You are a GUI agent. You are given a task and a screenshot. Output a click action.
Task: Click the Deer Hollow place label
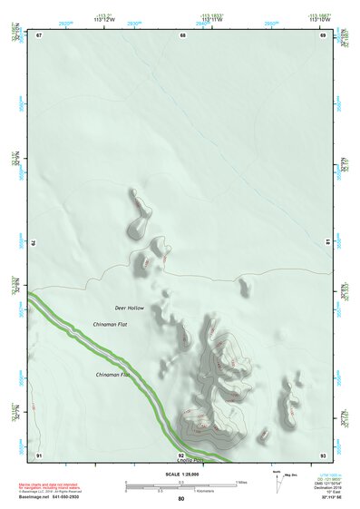click(x=129, y=308)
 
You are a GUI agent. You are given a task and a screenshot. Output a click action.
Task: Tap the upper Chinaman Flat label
click(x=110, y=324)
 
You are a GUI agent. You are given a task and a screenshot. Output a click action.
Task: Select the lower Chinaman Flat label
click(x=112, y=375)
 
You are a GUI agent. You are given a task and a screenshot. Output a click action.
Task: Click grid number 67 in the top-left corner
click(x=39, y=35)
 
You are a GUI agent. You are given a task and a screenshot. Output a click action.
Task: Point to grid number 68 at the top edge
click(x=182, y=35)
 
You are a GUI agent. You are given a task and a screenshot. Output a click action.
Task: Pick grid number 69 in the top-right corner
click(x=323, y=35)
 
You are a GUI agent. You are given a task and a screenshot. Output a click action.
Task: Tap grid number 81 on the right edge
click(x=327, y=243)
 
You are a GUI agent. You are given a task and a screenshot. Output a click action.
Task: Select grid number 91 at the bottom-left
click(x=39, y=454)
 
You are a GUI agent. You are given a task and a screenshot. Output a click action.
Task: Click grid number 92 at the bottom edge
click(x=181, y=455)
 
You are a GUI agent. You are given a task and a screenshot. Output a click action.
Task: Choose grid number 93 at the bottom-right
click(x=323, y=454)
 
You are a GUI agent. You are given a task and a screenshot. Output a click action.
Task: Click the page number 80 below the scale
click(x=181, y=499)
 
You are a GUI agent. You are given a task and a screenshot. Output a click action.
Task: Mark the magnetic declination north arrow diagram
click(x=278, y=480)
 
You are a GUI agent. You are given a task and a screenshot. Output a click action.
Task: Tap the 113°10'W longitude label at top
click(x=317, y=19)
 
